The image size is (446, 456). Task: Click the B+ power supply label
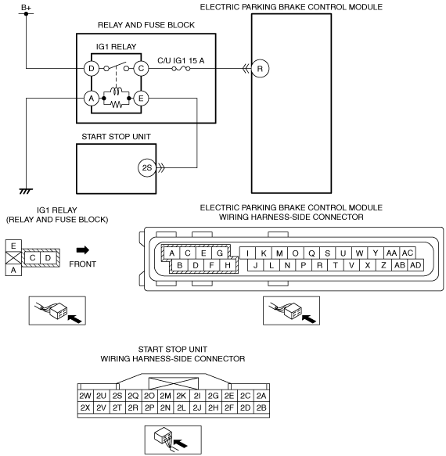coord(26,8)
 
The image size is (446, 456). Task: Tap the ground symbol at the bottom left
coord(26,191)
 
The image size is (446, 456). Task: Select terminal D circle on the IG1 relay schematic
coord(92,69)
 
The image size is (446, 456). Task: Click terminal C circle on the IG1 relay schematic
coord(141,69)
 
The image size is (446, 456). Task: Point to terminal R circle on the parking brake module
coord(260,69)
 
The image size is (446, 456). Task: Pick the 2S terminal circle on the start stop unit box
coord(147,168)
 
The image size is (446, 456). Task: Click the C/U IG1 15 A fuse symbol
coord(181,69)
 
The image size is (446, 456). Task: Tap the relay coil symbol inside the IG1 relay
coord(117,91)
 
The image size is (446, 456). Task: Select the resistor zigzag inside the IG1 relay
coord(117,104)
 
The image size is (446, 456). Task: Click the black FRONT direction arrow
coord(83,250)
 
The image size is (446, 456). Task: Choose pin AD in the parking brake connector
coord(415,265)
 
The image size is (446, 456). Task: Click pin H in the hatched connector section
coord(228,265)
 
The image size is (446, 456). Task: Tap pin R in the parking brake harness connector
coord(319,265)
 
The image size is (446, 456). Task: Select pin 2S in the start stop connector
coord(117,396)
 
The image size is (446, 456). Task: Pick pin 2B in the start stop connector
coord(261,408)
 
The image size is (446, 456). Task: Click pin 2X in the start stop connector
coord(85,408)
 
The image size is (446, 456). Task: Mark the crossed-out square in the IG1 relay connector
coord(13,258)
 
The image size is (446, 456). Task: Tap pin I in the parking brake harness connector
coord(247,253)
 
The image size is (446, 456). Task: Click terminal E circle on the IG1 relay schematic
coord(141,99)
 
